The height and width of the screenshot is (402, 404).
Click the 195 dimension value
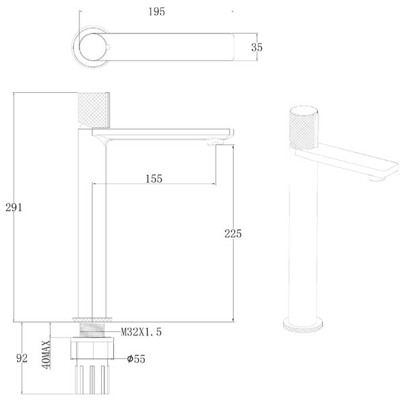click(x=157, y=12)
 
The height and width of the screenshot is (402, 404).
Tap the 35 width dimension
click(x=257, y=47)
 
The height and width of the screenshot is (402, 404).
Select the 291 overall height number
click(x=14, y=207)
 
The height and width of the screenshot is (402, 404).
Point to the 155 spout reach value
click(x=154, y=179)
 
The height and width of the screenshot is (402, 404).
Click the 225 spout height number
click(x=233, y=233)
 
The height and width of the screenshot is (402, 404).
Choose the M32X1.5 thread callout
click(x=141, y=332)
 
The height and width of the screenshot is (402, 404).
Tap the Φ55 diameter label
click(x=136, y=359)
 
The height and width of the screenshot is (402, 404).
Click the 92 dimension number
click(x=22, y=358)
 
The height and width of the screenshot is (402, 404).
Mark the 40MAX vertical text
click(x=47, y=355)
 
